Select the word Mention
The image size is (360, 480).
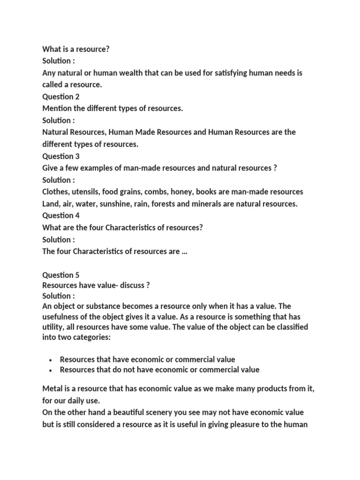(57, 109)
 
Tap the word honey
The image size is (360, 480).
(178, 192)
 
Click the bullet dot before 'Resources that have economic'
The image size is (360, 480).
(50, 360)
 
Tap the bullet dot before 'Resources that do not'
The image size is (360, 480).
(50, 370)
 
